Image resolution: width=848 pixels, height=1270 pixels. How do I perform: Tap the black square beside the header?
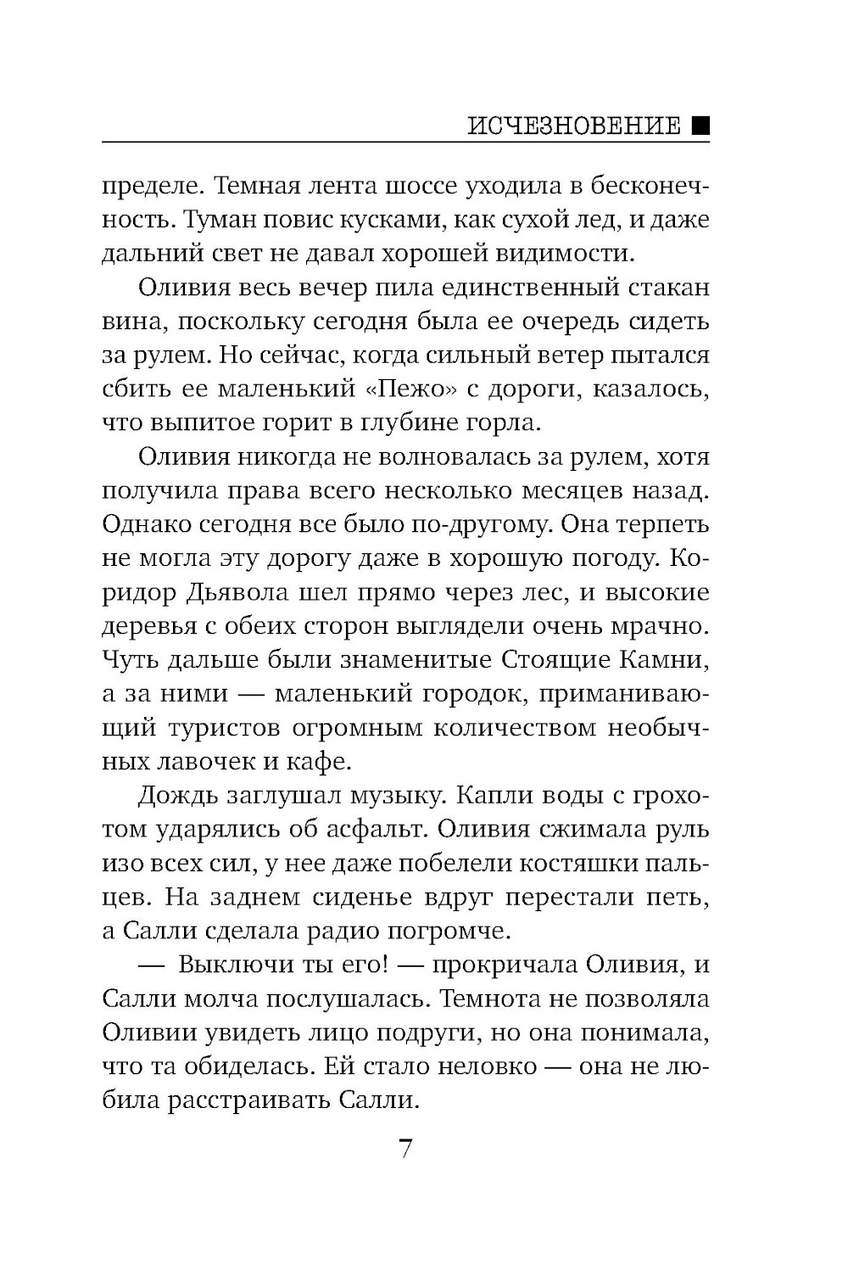(x=700, y=126)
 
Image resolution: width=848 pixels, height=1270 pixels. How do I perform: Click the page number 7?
(x=405, y=1150)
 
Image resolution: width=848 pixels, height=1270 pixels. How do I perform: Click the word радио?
(x=343, y=932)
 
